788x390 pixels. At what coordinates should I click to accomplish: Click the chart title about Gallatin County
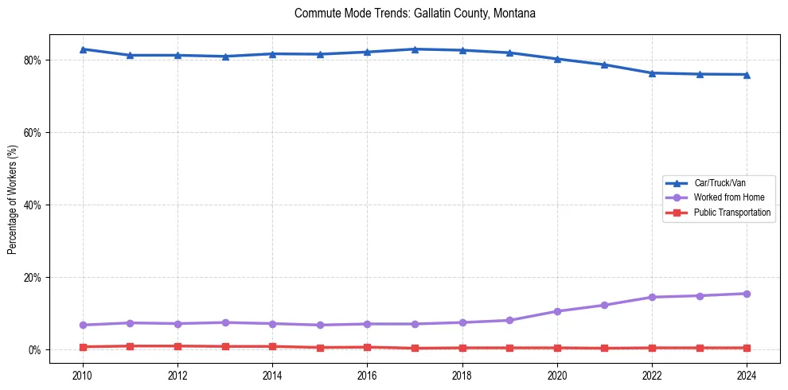point(415,14)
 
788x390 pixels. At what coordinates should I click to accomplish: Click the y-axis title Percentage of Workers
point(13,199)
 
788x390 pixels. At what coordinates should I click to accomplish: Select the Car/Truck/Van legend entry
point(720,183)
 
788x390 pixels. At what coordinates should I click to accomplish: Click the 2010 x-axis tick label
point(83,376)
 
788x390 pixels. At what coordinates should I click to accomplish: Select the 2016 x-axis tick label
point(367,376)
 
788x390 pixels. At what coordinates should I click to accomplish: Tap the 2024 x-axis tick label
point(747,376)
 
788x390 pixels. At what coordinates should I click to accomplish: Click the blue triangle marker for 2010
point(83,49)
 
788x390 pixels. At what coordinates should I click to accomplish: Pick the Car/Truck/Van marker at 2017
point(415,49)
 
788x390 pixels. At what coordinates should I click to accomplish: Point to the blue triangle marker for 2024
point(747,75)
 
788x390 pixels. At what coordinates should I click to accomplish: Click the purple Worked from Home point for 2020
point(557,311)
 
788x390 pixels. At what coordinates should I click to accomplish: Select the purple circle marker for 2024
point(747,294)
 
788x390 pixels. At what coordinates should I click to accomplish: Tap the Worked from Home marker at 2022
point(652,297)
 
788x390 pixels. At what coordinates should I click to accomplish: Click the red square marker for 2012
point(177,346)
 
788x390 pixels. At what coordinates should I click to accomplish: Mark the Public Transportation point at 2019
point(509,348)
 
